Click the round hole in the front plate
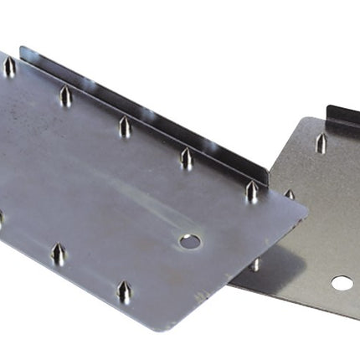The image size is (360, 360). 190,242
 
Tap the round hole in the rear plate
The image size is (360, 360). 341,283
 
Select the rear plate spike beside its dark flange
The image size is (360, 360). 321,143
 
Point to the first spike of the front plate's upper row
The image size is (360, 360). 10,67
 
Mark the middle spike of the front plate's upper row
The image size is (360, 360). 125,127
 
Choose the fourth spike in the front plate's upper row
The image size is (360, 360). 186,158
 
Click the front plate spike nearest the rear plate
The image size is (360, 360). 251,192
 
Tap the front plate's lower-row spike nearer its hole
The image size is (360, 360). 124,291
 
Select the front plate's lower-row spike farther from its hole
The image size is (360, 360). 58,255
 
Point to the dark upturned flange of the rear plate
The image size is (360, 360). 343,118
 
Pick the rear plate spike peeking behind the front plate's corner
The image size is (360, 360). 289,194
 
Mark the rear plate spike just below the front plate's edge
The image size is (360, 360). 255,265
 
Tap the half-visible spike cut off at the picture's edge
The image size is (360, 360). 2,219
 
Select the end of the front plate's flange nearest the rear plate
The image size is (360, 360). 265,176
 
